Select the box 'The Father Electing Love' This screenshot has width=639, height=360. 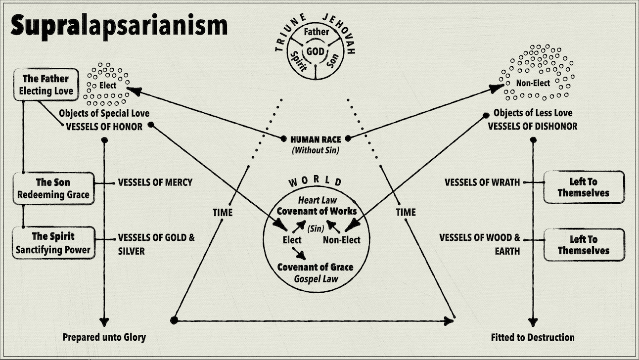click(46, 85)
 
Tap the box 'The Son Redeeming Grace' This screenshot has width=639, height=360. click(53, 188)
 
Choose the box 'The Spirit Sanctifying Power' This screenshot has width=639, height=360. click(53, 243)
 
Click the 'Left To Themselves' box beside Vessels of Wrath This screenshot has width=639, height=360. click(583, 186)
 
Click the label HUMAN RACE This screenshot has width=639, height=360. click(316, 139)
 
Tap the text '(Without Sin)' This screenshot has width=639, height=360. click(316, 150)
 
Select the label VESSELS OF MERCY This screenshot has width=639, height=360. click(155, 182)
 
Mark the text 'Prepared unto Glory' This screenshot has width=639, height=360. click(104, 337)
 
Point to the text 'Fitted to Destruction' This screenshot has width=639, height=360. click(533, 337)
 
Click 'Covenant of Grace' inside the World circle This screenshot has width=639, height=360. click(315, 267)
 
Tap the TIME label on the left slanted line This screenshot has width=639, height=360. click(223, 212)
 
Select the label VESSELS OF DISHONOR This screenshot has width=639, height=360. click(532, 126)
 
